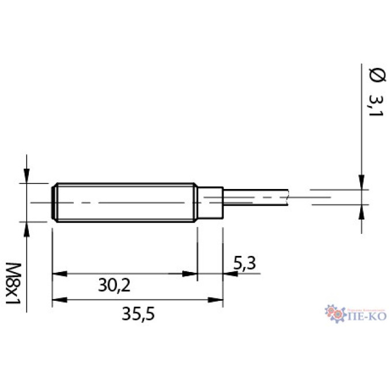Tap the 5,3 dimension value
point(244,265)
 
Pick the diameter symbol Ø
point(375,75)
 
